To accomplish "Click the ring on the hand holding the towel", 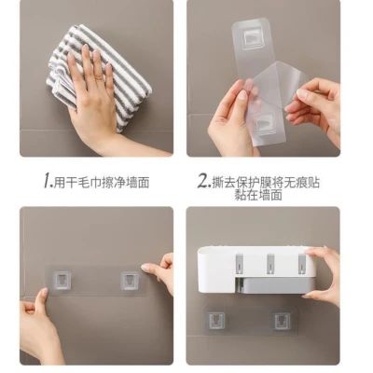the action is coord(99,76).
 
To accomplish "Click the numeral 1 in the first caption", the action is coord(48,181).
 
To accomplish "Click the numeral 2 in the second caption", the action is coord(203,181).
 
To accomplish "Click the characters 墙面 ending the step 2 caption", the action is coord(270,195).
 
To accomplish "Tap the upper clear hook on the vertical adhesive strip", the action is coord(252,37).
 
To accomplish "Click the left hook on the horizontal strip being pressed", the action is coord(62,280).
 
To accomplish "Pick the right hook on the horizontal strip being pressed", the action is coord(130,280).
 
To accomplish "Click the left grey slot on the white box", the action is coord(241,264).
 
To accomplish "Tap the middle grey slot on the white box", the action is coord(270,264).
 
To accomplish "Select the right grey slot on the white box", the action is coord(302,264).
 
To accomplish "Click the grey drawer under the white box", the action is coord(273,285).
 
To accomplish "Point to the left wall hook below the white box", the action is coord(215,321).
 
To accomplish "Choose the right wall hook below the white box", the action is coord(282,321).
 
